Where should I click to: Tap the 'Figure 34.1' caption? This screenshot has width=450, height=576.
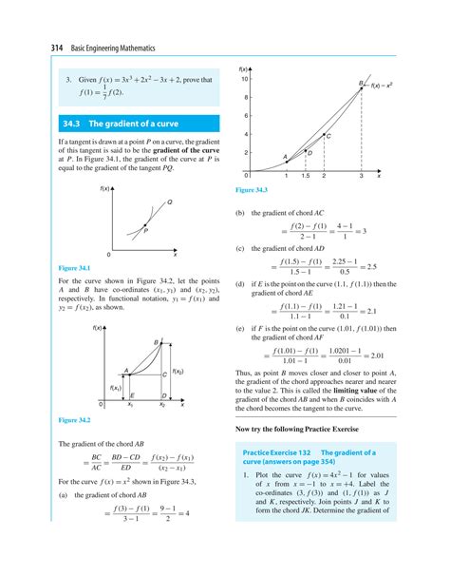coord(75,268)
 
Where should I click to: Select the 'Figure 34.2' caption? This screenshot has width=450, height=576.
coord(75,419)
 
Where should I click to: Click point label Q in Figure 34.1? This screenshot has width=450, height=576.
coord(169,202)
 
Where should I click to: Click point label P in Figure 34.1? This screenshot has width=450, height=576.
coord(145,230)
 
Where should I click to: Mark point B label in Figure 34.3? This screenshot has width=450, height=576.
coord(360,86)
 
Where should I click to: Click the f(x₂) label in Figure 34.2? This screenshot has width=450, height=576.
coord(178,372)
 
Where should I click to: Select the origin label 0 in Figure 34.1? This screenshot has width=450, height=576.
coord(108,255)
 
